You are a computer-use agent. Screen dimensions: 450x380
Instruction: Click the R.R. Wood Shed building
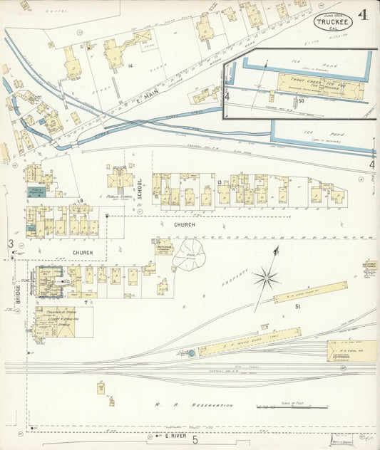249,342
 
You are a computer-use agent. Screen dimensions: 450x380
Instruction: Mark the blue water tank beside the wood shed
191,352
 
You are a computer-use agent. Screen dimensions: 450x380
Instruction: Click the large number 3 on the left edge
11,244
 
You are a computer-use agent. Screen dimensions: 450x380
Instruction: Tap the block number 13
220,183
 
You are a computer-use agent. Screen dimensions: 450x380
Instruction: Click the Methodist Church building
163,247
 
